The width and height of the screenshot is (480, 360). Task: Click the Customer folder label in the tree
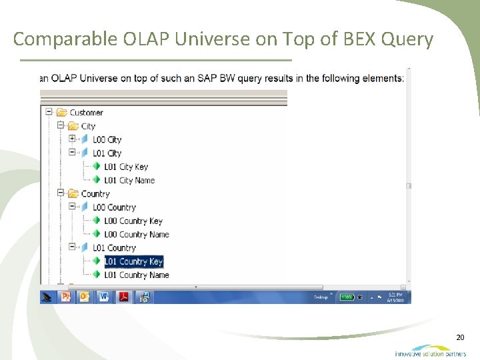point(86,113)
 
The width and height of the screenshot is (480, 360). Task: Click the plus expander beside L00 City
point(73,139)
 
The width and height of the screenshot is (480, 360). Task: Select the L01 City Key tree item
point(126,167)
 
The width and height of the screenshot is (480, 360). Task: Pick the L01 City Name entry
point(129,180)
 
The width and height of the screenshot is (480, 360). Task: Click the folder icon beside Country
point(73,194)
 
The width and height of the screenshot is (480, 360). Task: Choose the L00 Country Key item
point(133,221)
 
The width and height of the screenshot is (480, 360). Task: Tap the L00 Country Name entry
point(136,234)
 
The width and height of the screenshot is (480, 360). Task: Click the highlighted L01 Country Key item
point(133,261)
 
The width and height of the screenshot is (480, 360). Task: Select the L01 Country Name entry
point(136,275)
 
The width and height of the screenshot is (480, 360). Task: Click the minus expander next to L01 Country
point(73,248)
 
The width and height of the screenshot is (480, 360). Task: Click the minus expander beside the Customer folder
point(49,113)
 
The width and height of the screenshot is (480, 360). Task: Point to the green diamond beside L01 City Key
point(97,167)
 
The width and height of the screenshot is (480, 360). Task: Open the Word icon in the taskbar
point(104,297)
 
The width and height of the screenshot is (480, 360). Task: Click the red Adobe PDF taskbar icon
point(123,297)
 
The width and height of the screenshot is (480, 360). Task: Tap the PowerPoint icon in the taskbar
point(66,297)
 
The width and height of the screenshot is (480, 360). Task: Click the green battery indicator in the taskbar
point(347,297)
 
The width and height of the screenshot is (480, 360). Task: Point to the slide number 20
point(460,338)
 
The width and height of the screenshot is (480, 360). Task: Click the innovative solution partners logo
point(430,351)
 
